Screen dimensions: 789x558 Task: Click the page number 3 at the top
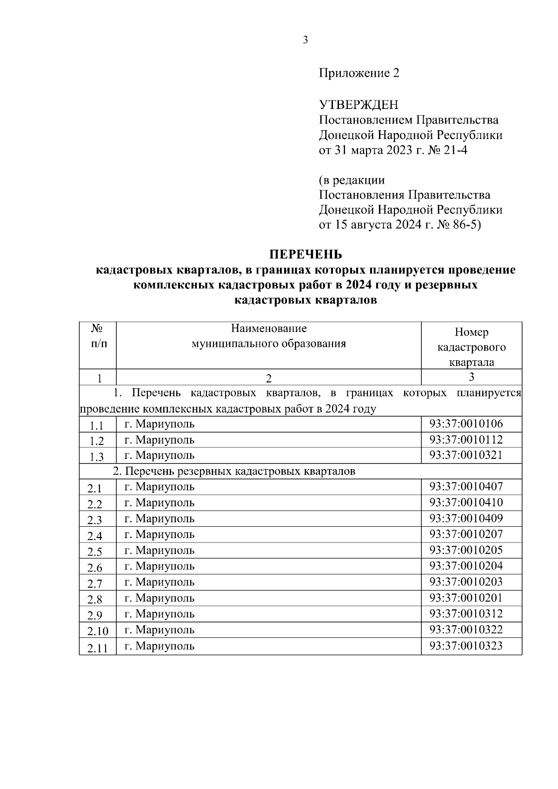click(305, 40)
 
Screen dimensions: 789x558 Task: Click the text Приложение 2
click(359, 73)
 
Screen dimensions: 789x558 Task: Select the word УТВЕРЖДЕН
click(358, 105)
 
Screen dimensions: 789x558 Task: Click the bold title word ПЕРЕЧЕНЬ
click(306, 254)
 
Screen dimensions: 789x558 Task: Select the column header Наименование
click(269, 329)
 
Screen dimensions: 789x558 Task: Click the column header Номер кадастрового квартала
click(472, 347)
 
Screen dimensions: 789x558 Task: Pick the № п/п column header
click(97, 336)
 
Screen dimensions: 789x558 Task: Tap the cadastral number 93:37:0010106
click(466, 424)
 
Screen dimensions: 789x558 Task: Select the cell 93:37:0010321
click(466, 455)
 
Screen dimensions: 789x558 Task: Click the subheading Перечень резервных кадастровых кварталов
click(235, 471)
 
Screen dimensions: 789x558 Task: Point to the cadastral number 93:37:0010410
click(466, 503)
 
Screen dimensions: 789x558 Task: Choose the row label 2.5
click(95, 552)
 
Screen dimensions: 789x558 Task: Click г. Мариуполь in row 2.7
click(159, 582)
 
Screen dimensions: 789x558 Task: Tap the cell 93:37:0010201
click(466, 598)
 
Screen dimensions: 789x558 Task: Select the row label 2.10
click(98, 631)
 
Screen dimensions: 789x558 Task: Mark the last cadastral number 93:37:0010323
click(466, 646)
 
